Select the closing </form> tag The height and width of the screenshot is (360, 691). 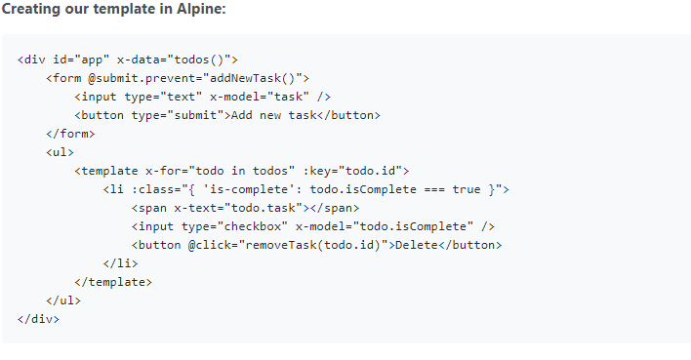[x=70, y=133]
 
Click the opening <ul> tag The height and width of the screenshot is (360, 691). [x=60, y=151]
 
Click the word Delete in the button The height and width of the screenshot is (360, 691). [x=415, y=245]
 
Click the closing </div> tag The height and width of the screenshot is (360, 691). [x=38, y=319]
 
